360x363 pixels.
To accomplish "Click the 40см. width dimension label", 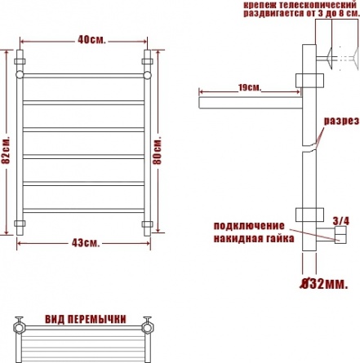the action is tap(91, 40).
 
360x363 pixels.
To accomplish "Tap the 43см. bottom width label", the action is tap(86, 243).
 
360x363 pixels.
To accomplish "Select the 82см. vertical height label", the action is tap(6, 150).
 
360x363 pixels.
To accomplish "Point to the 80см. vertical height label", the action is tap(158, 152).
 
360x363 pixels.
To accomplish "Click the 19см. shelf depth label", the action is tap(250, 88).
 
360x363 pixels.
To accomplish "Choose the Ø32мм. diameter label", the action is tap(324, 284).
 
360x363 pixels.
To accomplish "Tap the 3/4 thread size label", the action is tap(341, 221).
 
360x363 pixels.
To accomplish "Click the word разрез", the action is tap(341, 121).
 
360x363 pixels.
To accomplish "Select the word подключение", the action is tap(249, 226).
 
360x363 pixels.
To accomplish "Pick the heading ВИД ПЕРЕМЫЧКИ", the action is tap(86, 319).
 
